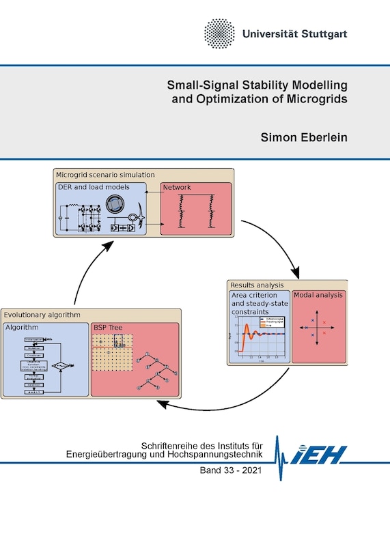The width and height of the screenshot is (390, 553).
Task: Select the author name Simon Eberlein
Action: click(x=305, y=137)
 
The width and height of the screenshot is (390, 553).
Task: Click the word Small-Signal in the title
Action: click(x=202, y=85)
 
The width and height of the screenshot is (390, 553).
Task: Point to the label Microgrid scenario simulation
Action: click(x=105, y=175)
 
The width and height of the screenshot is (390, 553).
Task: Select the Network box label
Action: click(x=177, y=186)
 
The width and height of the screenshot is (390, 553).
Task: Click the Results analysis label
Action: click(x=256, y=285)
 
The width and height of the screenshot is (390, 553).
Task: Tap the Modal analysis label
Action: click(x=318, y=295)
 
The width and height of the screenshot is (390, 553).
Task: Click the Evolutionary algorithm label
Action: click(x=42, y=315)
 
